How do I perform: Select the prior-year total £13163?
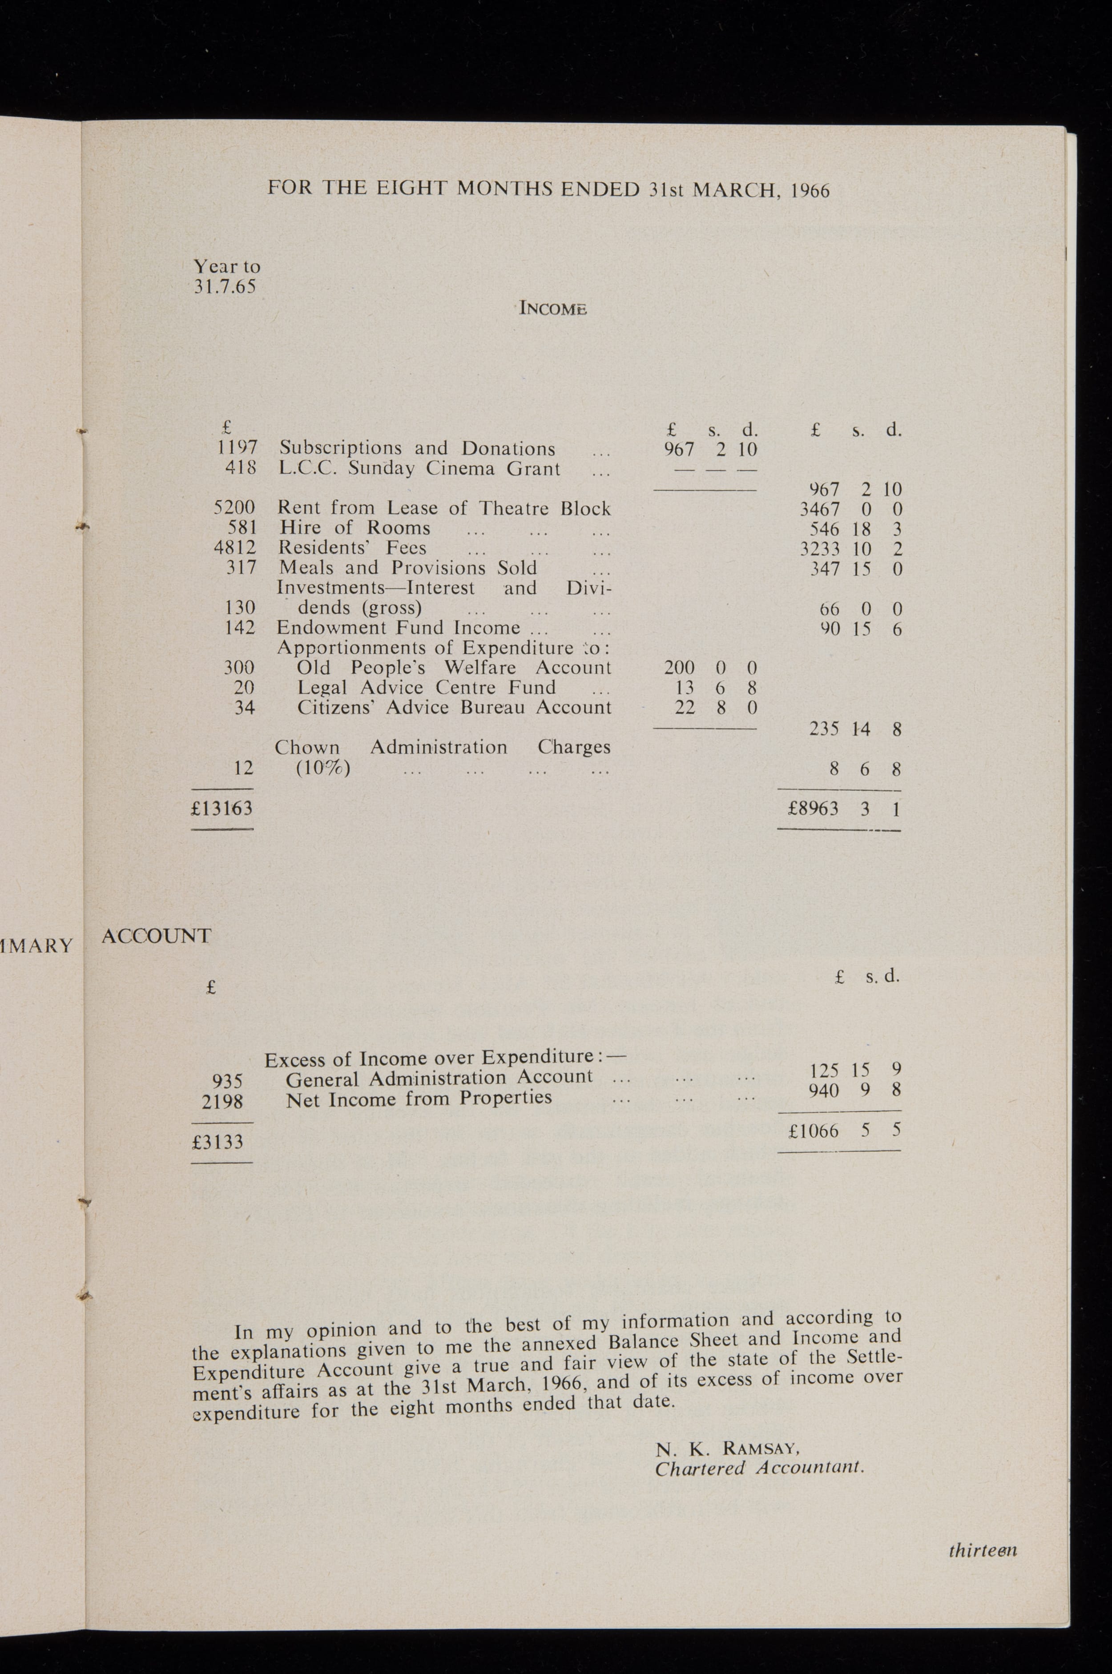pyautogui.click(x=222, y=808)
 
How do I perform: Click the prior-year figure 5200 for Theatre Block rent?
pyautogui.click(x=234, y=508)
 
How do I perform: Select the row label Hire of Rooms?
pyautogui.click(x=355, y=528)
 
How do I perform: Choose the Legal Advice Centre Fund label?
pyautogui.click(x=426, y=688)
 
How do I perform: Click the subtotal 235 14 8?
pyautogui.click(x=854, y=729)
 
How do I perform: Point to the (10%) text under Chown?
pyautogui.click(x=322, y=769)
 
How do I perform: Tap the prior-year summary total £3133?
pyautogui.click(x=218, y=1142)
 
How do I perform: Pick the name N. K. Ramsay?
pyautogui.click(x=728, y=1448)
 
